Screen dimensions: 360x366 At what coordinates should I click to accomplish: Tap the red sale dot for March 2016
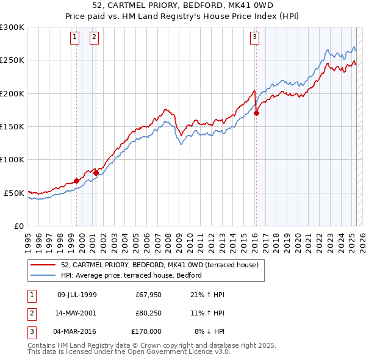pos(257,113)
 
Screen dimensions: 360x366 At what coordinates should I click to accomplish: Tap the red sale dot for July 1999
pos(76,181)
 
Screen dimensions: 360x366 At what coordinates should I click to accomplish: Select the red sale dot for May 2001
pos(96,173)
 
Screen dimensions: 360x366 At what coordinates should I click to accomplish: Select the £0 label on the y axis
pos(18,226)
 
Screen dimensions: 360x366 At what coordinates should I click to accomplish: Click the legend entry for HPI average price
pos(131,275)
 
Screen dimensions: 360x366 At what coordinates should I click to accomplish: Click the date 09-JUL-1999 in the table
pos(76,295)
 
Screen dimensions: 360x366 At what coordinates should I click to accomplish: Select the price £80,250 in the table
pos(148,312)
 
